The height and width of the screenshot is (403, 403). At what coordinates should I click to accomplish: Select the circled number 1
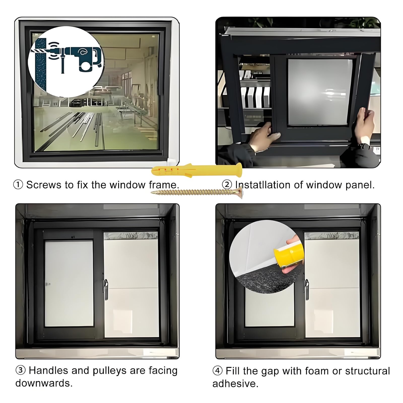point(18,185)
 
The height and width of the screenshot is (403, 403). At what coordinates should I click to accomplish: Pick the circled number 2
point(227,185)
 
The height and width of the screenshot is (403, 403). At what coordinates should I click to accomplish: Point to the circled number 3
point(21,370)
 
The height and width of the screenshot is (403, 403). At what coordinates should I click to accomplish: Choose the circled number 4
point(218,371)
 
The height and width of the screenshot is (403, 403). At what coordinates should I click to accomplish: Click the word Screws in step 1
point(44,185)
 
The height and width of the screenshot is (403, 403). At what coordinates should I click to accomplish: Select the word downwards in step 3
point(44,383)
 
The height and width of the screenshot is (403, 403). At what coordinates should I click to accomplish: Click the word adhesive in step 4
point(235,384)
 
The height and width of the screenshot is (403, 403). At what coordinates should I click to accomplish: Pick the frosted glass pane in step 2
point(320,92)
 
